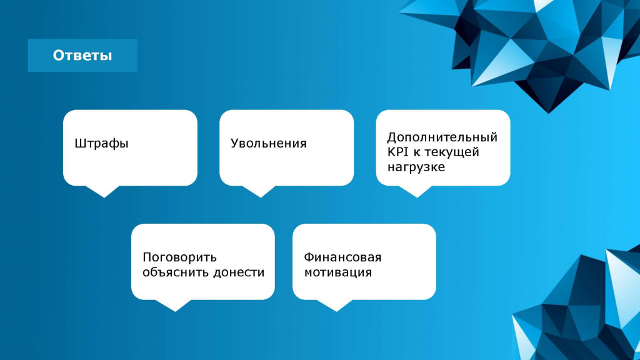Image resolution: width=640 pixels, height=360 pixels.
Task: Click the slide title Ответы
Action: [x=82, y=56]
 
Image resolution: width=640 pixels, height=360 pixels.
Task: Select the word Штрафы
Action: [x=101, y=144]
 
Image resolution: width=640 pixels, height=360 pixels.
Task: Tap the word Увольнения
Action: [x=268, y=143]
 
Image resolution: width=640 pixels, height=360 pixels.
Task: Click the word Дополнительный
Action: [x=442, y=137]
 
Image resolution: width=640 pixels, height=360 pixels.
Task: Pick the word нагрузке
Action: [x=416, y=167]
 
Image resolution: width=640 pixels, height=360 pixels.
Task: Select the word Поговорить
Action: [x=179, y=257]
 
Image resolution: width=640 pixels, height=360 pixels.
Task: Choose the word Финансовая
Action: [x=342, y=257]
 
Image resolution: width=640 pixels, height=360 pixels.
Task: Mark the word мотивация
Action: [x=338, y=272]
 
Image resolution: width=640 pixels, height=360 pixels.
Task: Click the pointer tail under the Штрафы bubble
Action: [x=104, y=191]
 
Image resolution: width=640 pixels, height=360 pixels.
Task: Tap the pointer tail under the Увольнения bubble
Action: [x=261, y=191]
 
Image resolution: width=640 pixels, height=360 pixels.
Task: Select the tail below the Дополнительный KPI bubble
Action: [x=417, y=191]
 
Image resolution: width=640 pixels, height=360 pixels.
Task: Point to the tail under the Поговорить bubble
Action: [x=175, y=305]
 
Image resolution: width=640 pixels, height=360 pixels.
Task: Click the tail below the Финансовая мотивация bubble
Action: [x=336, y=305]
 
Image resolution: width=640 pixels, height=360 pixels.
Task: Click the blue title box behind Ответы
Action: [x=82, y=56]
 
